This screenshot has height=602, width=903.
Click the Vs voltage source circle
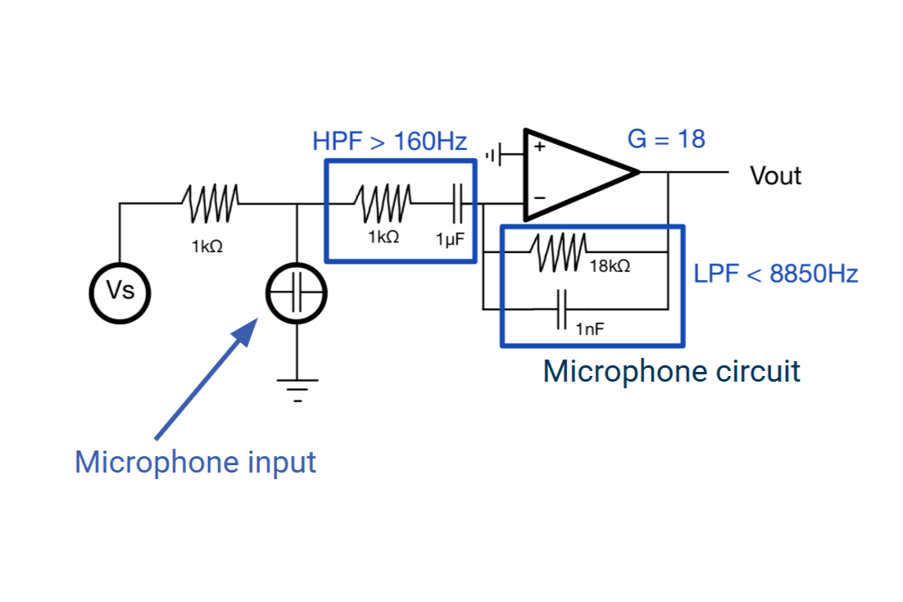click(120, 291)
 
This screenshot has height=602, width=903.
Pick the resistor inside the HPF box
click(384, 202)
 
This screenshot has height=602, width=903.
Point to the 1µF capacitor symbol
click(456, 202)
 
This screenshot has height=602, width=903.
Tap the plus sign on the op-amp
click(539, 147)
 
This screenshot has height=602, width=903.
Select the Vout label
click(775, 175)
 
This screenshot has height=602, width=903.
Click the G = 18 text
click(665, 139)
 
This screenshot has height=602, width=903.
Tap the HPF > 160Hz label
click(389, 142)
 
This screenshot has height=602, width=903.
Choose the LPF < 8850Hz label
click(775, 274)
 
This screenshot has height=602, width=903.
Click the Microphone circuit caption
click(671, 371)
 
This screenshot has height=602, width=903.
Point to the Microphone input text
click(195, 462)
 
